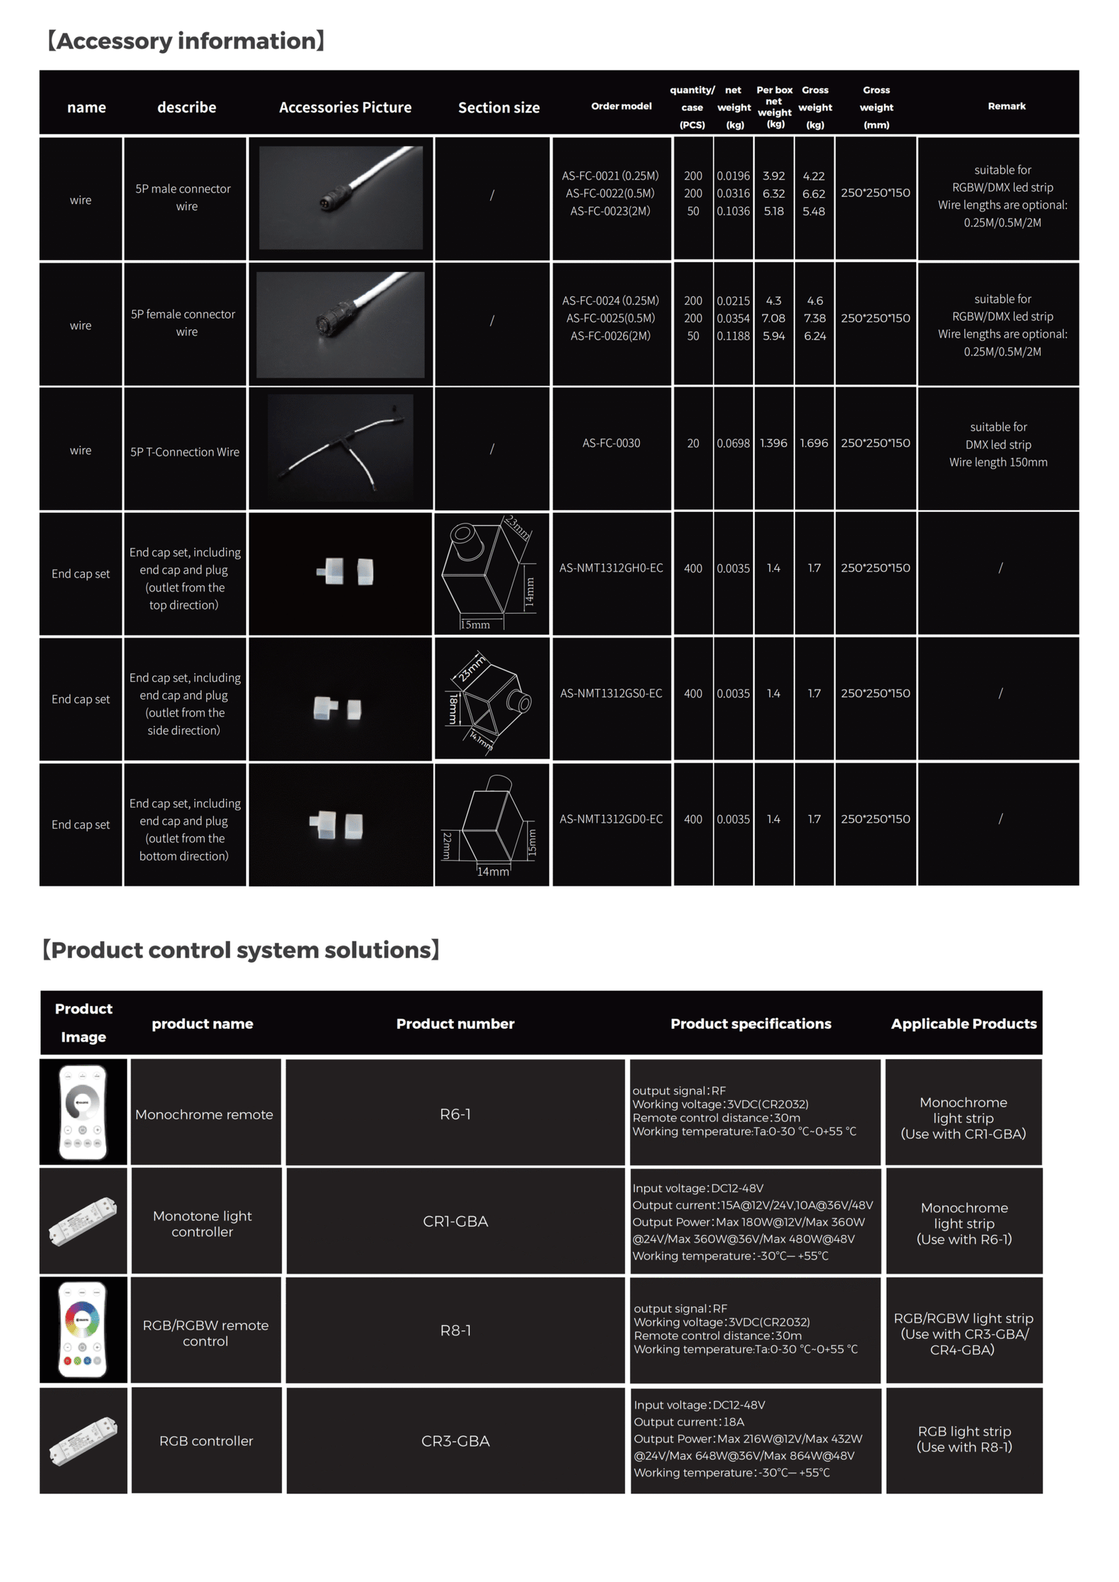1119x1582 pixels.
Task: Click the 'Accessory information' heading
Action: click(185, 41)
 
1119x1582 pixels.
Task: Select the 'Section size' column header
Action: click(498, 108)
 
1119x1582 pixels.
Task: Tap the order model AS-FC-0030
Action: click(611, 443)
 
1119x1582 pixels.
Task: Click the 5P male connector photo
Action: click(341, 198)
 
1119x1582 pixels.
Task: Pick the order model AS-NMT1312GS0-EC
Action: click(611, 693)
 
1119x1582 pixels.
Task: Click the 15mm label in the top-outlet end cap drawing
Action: click(475, 625)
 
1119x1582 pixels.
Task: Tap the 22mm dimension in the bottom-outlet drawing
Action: click(447, 845)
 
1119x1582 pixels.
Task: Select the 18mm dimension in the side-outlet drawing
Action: click(453, 708)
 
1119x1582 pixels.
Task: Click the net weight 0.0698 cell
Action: click(733, 443)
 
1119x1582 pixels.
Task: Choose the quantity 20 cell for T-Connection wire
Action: click(692, 443)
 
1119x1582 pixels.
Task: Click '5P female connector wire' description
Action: click(183, 323)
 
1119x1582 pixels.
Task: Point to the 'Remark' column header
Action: click(1006, 106)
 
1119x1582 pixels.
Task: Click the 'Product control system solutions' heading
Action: click(241, 950)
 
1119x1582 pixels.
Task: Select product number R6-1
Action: click(455, 1114)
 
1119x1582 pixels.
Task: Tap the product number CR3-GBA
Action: click(455, 1441)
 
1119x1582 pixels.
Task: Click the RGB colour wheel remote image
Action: click(83, 1330)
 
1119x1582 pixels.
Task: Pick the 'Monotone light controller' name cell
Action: click(202, 1223)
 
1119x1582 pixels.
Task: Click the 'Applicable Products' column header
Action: click(963, 1023)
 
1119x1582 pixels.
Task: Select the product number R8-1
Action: click(455, 1330)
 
